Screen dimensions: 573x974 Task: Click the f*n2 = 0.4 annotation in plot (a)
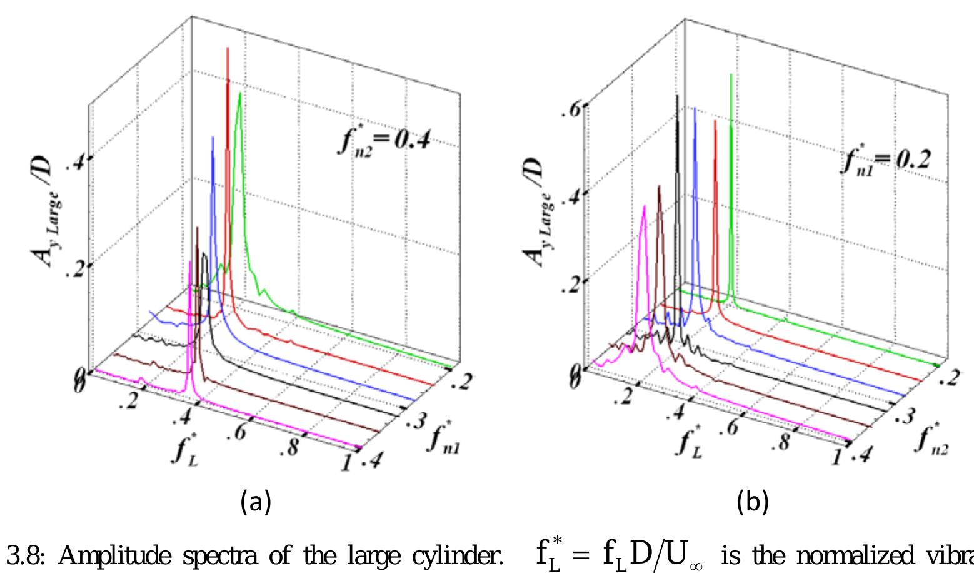tap(384, 141)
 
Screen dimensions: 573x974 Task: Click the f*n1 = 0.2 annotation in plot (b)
tap(885, 161)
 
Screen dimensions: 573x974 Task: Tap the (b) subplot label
tap(751, 501)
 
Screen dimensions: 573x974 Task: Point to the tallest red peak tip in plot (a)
tap(227, 48)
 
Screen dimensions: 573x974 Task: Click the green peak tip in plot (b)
tap(731, 74)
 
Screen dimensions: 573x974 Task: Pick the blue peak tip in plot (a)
tap(213, 137)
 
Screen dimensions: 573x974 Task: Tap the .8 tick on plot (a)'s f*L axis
tap(291, 449)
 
